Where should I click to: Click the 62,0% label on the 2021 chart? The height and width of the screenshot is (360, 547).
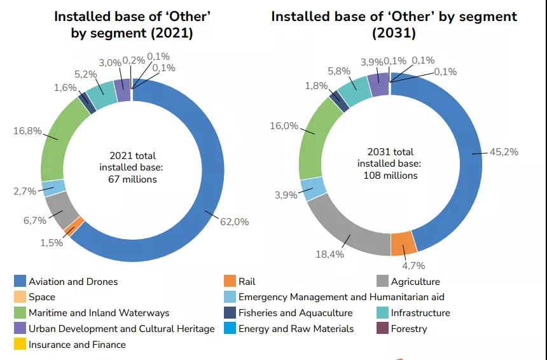235,222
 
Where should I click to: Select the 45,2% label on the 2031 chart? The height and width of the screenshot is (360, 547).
504,152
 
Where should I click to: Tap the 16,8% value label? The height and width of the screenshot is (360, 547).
27,131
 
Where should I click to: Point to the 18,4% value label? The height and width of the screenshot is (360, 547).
330,254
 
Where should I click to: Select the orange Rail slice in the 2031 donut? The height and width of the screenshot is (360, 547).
403,243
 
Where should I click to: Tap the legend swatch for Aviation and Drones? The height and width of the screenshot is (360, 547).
20,281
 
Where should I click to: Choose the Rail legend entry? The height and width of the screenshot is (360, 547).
247,281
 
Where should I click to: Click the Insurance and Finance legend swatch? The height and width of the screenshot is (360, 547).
20,345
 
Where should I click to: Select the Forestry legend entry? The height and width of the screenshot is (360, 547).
408,329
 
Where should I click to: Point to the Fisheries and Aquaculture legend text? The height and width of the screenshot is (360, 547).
295,313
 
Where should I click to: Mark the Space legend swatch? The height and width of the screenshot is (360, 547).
20,297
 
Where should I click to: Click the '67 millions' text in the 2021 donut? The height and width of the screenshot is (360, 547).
132,179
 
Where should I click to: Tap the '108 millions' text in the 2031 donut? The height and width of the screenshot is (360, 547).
391,175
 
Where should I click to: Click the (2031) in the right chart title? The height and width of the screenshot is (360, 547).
394,32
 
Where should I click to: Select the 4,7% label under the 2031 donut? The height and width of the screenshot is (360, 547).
413,265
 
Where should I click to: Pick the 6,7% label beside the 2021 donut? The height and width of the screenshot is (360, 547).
35,221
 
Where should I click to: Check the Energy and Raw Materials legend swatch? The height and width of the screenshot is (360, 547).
230,329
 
